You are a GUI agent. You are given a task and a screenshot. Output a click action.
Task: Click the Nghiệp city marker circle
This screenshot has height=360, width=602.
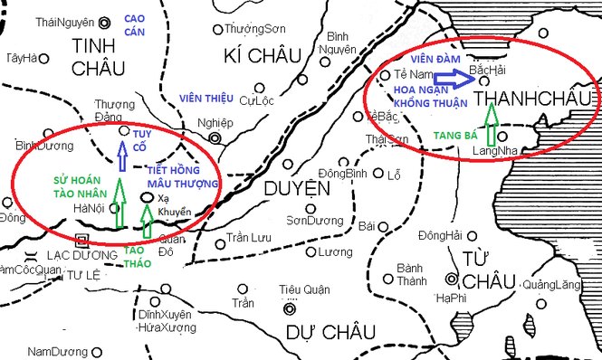[215, 137]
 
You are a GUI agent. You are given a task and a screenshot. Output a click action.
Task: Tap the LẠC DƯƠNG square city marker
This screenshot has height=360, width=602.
[84, 242]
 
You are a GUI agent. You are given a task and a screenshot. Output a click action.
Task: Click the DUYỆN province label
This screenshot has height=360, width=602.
[296, 188]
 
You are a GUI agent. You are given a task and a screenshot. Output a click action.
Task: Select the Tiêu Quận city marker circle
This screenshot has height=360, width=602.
[290, 308]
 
